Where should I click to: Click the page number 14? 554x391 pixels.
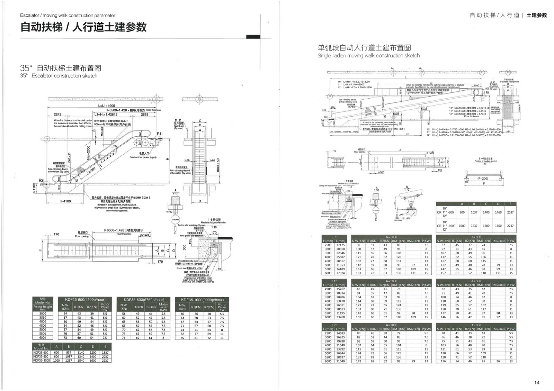[x=537, y=382]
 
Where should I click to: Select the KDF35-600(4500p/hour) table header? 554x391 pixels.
[x=85, y=300]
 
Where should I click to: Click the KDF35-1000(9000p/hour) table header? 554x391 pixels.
[x=202, y=300]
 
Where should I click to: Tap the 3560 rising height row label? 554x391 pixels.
[x=42, y=318]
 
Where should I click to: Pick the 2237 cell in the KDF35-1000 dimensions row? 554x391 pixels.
[x=105, y=361]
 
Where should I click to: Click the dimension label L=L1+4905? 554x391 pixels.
[x=107, y=106]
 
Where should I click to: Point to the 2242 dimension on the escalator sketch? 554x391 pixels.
[x=57, y=115]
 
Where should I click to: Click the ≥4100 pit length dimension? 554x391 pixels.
[x=65, y=201]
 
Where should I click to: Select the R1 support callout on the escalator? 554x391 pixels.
[x=160, y=134]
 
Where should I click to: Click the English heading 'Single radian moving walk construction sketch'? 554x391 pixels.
[x=368, y=56]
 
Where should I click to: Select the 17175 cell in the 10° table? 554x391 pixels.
[x=340, y=245]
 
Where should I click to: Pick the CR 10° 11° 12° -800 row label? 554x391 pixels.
[x=445, y=212]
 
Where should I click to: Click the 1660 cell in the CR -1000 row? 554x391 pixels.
[x=498, y=226]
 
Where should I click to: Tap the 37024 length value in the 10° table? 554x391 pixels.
[x=340, y=273]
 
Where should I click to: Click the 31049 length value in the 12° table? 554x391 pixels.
[x=340, y=361]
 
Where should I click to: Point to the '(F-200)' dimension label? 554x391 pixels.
[x=482, y=179]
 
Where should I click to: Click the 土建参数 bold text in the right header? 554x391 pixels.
[x=537, y=16]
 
